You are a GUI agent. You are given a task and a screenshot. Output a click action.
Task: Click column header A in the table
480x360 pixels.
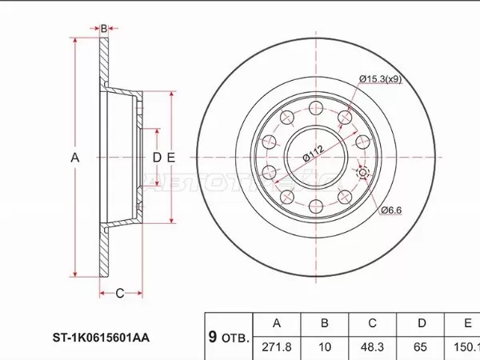pyautogui.click(x=277, y=323)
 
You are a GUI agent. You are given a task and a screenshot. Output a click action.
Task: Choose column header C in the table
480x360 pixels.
pyautogui.click(x=372, y=323)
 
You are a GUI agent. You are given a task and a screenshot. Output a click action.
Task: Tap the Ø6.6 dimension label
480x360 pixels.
pyautogui.click(x=390, y=210)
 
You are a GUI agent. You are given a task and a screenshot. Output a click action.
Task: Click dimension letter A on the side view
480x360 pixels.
pyautogui.click(x=75, y=158)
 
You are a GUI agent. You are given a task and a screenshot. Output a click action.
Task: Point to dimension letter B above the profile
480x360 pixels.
pyautogui.click(x=103, y=29)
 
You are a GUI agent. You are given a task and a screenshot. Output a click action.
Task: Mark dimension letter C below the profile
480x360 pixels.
pyautogui.click(x=119, y=294)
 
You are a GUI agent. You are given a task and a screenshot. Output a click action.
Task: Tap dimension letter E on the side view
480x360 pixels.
pyautogui.click(x=170, y=158)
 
